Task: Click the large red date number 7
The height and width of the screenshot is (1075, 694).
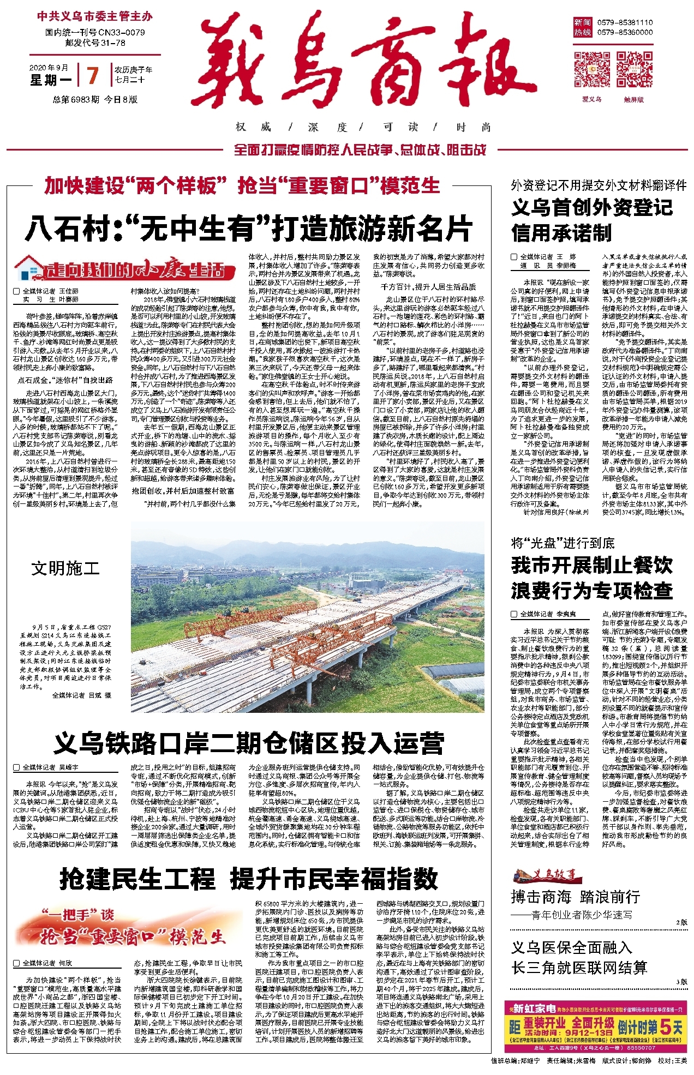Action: click(x=93, y=75)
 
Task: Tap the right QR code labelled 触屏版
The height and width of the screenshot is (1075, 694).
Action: click(x=634, y=69)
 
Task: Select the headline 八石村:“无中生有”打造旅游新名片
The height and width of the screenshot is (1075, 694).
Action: click(x=248, y=229)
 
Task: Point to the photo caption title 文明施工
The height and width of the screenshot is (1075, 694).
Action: click(x=65, y=569)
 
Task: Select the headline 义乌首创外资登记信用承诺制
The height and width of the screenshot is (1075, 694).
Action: click(x=592, y=220)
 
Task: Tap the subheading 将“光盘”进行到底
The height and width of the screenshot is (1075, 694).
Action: click(x=562, y=543)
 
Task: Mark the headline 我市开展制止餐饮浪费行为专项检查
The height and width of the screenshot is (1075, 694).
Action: click(x=592, y=578)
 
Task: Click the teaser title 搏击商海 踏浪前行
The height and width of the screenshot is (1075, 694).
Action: click(x=575, y=897)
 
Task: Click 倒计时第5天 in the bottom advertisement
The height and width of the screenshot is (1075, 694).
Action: click(x=650, y=1028)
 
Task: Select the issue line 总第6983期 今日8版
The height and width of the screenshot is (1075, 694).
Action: click(x=95, y=99)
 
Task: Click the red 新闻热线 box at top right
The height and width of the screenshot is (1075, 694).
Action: click(x=582, y=27)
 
